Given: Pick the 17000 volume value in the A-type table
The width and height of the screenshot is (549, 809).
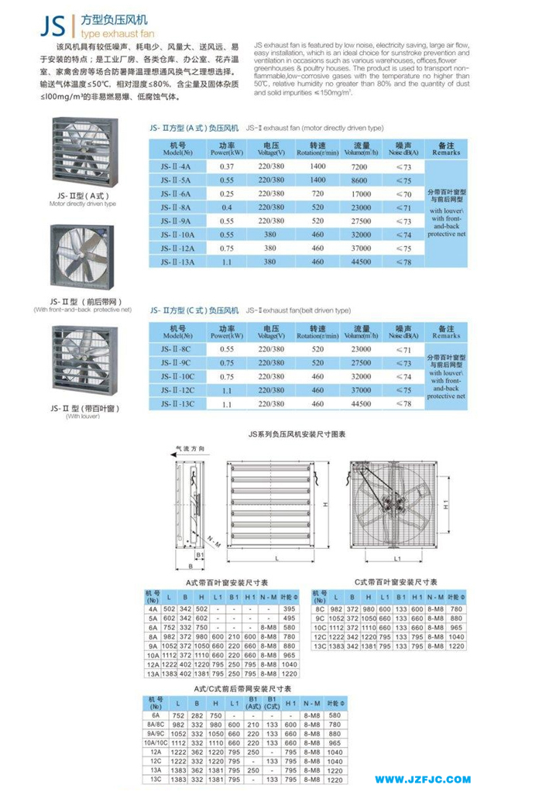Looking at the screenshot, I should tap(361, 194).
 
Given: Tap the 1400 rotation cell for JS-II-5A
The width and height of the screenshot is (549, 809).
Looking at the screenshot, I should tap(317, 180).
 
